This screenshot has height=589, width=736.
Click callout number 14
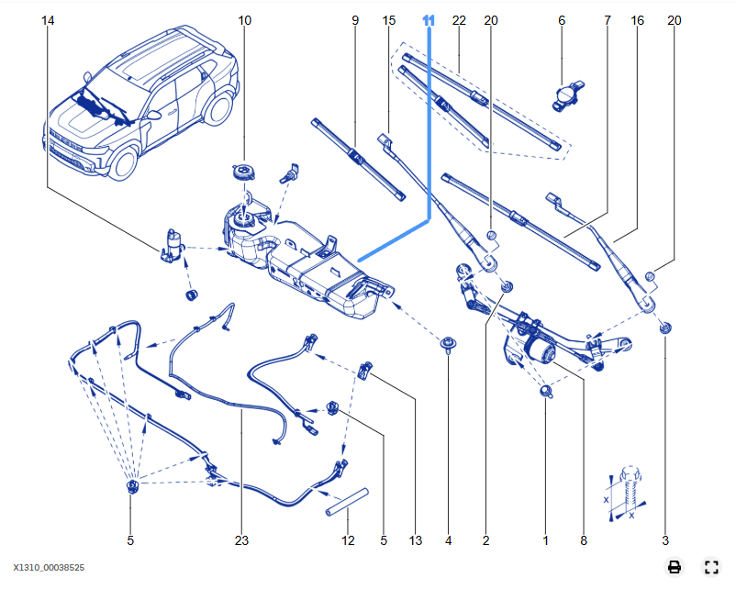48,20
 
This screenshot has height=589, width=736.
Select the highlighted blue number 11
429,20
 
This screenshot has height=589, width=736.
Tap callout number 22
460,20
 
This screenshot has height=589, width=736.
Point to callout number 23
241,541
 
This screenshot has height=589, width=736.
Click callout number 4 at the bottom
448,541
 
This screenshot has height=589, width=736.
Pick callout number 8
583,541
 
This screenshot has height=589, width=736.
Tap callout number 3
665,541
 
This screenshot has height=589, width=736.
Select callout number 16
638,20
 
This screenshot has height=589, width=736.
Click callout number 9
354,20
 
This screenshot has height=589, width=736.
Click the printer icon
675,567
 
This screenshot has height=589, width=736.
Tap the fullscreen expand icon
710,567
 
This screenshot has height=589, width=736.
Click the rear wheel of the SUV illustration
217,108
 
